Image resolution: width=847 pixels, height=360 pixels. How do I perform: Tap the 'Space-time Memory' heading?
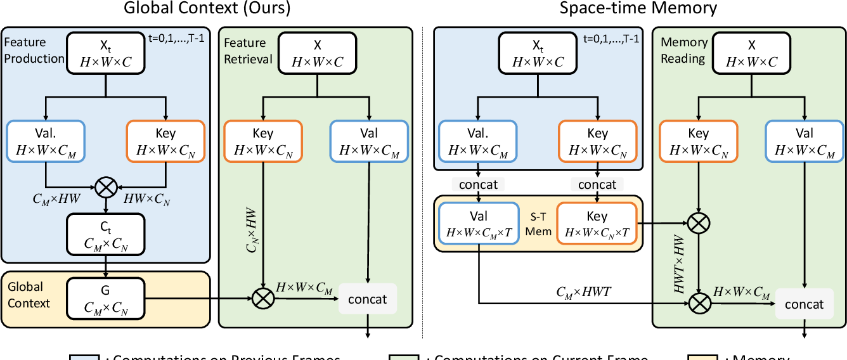coord(638,9)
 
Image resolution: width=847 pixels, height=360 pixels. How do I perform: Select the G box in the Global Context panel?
coord(105,299)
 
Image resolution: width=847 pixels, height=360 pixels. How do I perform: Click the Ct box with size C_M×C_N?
coord(105,233)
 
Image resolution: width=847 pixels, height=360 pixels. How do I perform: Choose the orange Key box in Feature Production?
coord(165,141)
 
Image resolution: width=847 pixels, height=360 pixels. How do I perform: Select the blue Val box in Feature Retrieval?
coord(369,141)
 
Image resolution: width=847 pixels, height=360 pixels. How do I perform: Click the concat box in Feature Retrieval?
coord(368,299)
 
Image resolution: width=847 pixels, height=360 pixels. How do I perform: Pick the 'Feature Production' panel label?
coord(34,51)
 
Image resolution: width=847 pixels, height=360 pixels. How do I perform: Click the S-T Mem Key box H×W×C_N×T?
coord(597,224)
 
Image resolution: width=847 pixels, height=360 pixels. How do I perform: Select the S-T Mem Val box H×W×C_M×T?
coord(479,224)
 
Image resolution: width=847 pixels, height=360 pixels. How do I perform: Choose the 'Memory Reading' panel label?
coord(684,51)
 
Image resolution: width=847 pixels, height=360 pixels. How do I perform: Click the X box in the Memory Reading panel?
coord(752,53)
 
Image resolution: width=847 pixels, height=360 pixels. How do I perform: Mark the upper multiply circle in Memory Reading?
coord(699,222)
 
